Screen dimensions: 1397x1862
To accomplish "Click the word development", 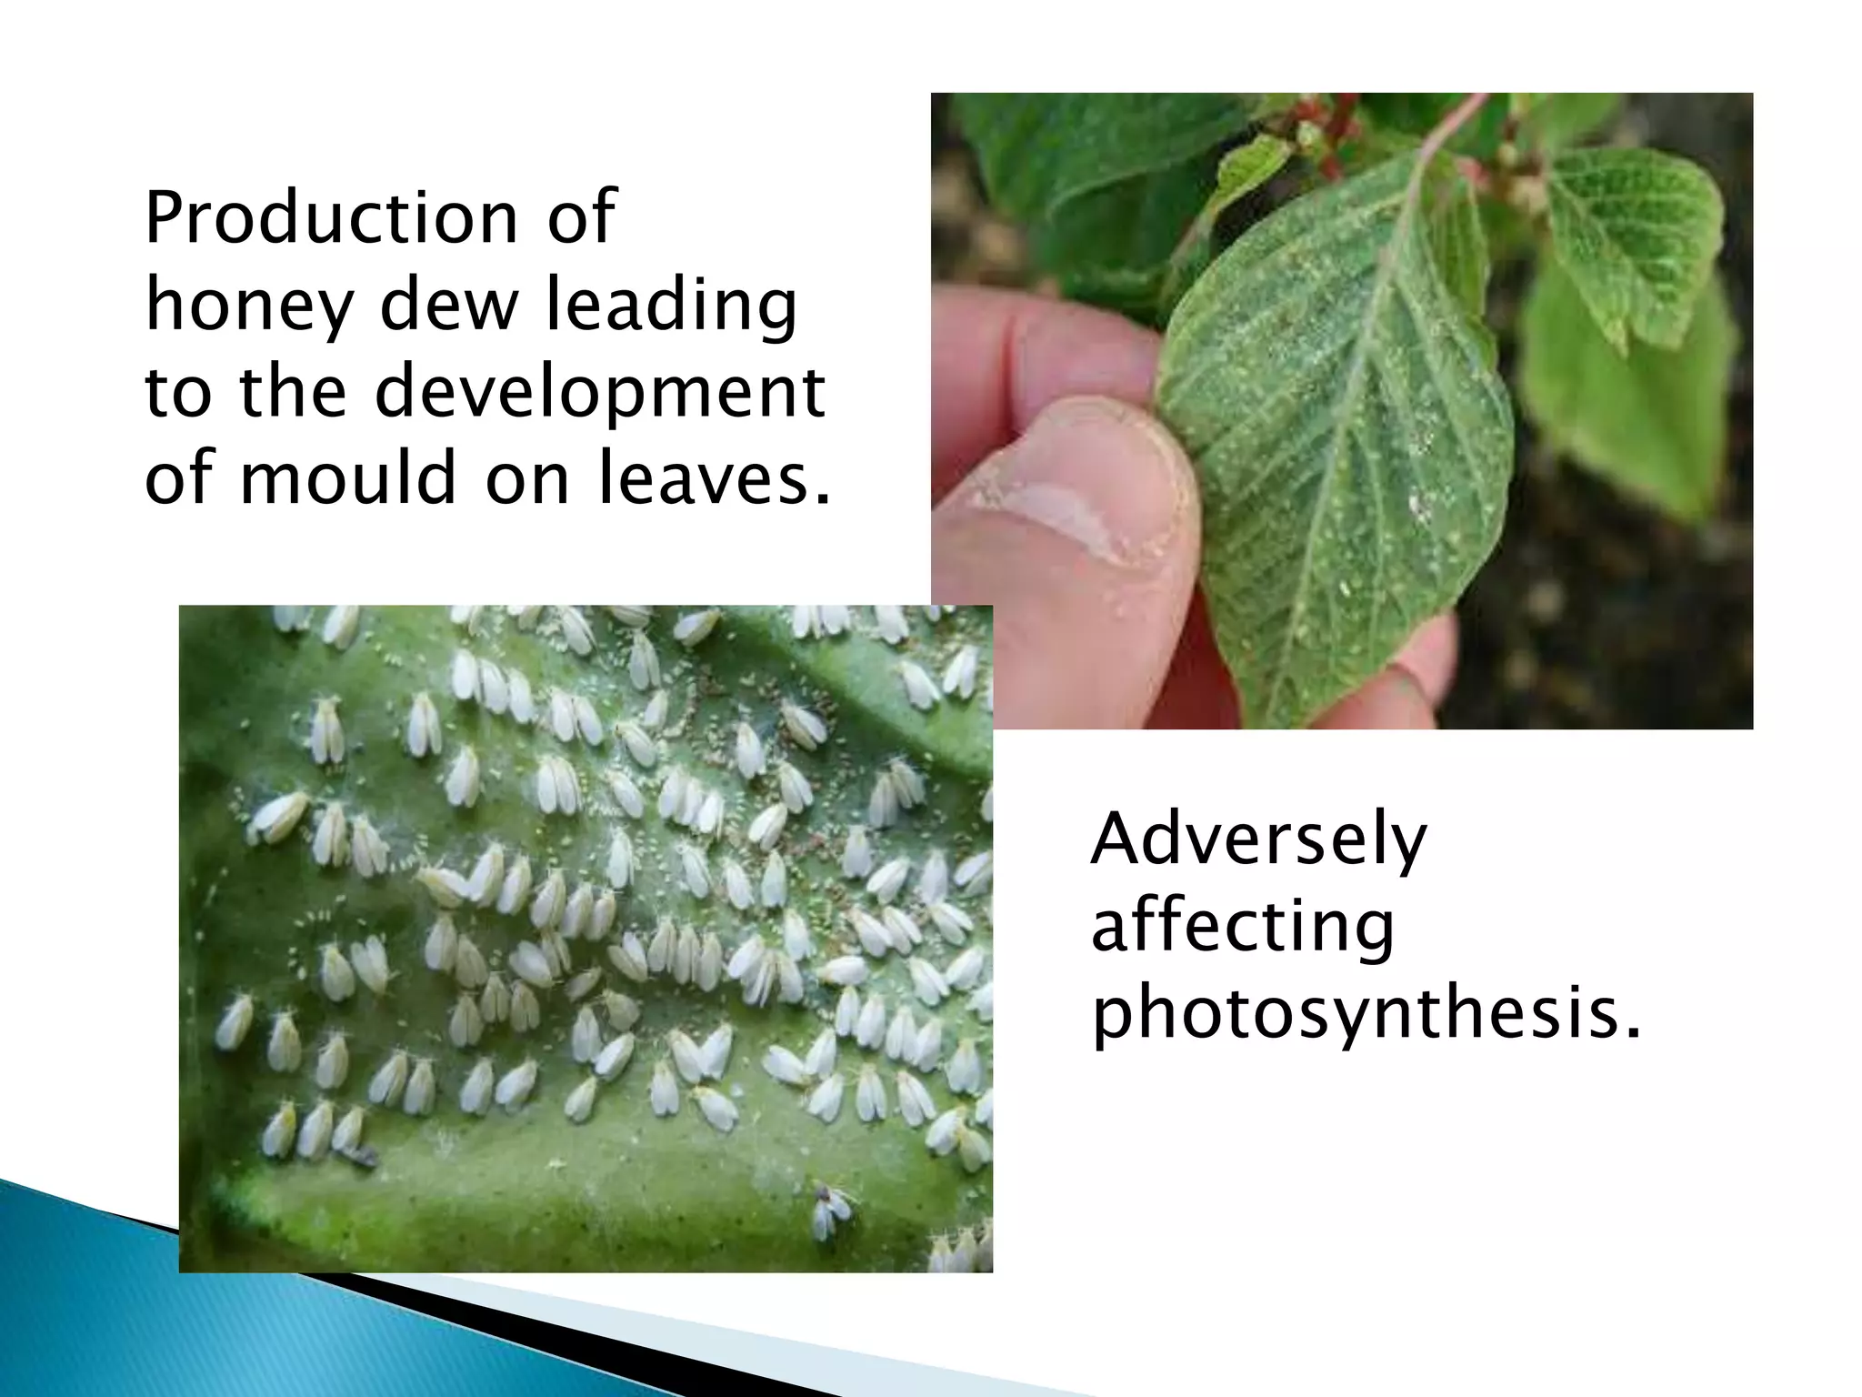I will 600,393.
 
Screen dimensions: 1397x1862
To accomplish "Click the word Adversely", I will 1258,841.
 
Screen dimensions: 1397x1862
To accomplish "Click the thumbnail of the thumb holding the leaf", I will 1342,410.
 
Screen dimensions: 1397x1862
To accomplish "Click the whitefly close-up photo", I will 586,938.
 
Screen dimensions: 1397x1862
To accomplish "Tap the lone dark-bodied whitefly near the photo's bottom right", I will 831,1211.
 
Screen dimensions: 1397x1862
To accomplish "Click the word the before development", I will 293,393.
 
